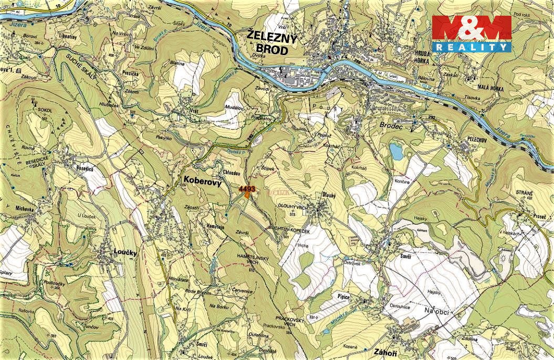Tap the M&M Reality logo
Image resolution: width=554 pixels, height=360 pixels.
click(471, 34)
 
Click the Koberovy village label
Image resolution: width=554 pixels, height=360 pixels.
click(202, 180)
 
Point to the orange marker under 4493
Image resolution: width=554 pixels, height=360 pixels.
click(247, 194)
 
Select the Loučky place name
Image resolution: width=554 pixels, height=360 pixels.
click(125, 252)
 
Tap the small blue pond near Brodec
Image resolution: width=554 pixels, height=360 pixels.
click(395, 152)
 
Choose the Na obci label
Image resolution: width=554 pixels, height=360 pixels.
click(436, 312)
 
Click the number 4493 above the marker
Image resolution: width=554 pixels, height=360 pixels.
click(246, 188)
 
